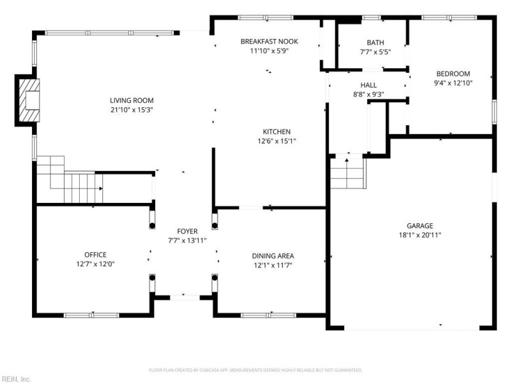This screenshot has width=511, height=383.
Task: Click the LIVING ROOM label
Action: click(132, 100)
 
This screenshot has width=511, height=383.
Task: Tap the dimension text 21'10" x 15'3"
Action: click(132, 110)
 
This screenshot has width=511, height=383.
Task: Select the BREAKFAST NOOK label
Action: click(269, 41)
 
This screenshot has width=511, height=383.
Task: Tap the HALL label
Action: click(369, 85)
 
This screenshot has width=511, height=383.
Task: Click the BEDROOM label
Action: click(453, 73)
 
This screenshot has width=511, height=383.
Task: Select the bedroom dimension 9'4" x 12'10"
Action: click(453, 82)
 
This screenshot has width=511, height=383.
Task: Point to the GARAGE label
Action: click(420, 225)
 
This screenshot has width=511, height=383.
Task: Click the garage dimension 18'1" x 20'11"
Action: click(420, 235)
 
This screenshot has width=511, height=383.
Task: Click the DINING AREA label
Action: click(273, 256)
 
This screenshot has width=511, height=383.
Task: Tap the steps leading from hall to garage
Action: click(347, 173)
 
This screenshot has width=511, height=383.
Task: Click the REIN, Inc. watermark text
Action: click(16, 379)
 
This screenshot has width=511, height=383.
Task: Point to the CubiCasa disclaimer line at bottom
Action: click(256, 370)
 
